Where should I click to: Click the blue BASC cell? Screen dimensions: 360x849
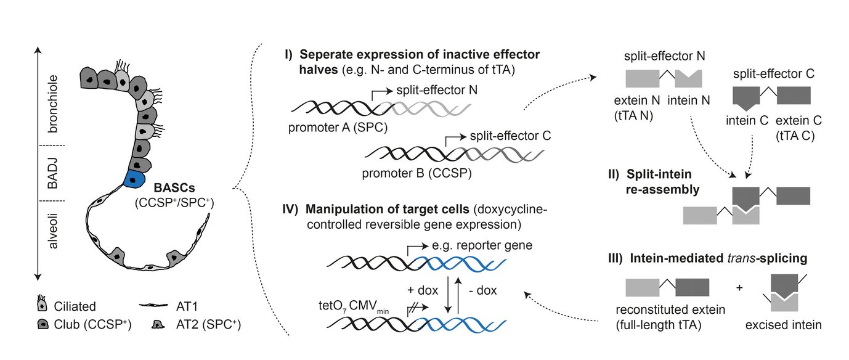[133, 179]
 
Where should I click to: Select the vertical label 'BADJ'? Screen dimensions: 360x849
[54, 174]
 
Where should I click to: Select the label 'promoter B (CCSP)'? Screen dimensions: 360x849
[419, 174]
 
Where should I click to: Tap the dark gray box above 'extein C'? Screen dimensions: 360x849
[793, 94]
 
